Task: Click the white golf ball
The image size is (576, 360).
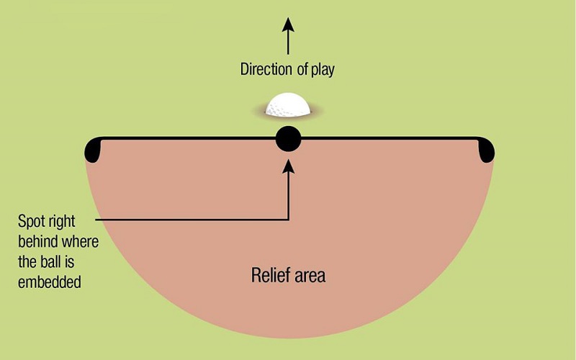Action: click(288, 107)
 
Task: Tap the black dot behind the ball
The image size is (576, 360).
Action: click(288, 138)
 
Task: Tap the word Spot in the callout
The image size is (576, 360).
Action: click(32, 220)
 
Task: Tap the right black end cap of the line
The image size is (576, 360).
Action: click(486, 149)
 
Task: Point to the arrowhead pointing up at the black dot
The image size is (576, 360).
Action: click(288, 166)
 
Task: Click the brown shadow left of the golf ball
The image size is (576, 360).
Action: click(258, 112)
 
